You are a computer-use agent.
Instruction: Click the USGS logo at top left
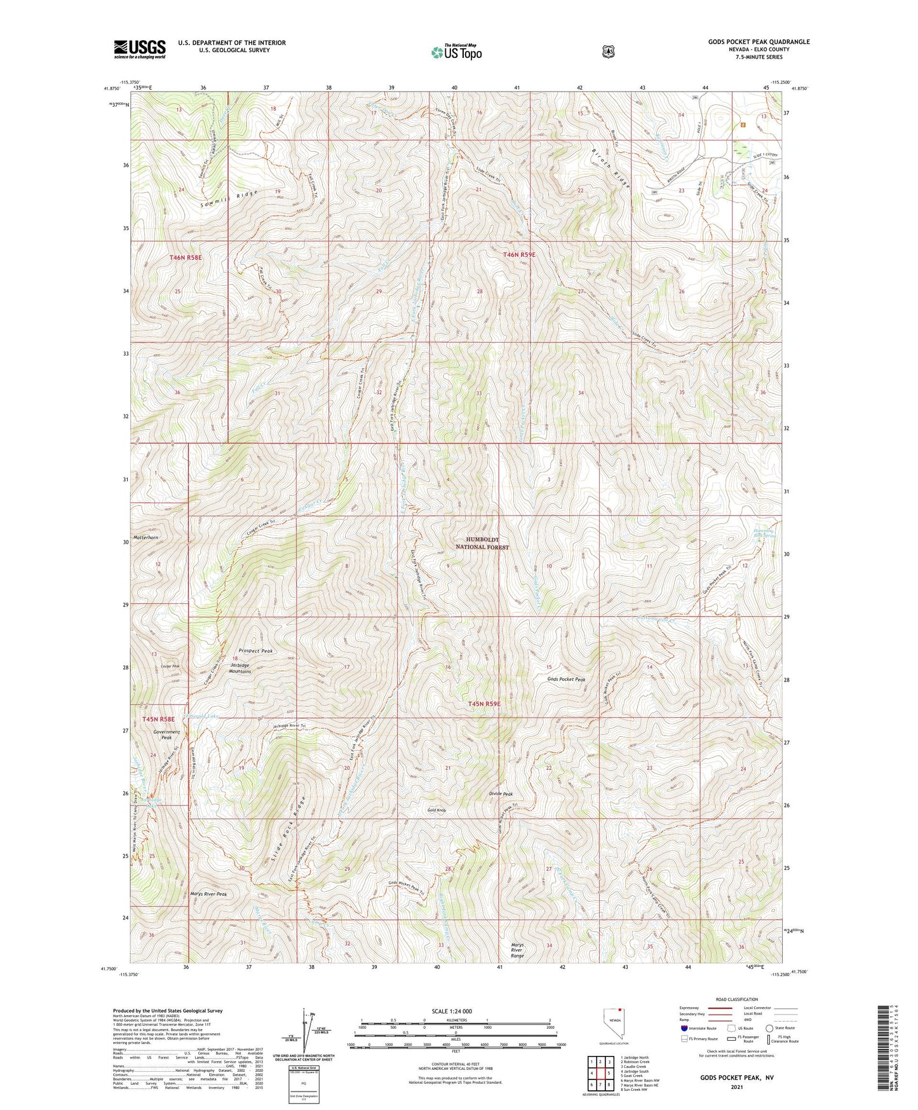click(140, 49)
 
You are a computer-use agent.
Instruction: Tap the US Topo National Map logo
click(456, 52)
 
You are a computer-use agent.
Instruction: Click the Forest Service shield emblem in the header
click(609, 51)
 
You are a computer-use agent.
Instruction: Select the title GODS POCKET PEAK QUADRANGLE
click(759, 42)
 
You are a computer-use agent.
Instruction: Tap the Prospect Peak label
click(256, 651)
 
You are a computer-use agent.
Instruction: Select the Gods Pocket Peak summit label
click(566, 679)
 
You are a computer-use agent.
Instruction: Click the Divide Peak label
click(501, 794)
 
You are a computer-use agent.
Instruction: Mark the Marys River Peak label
click(208, 894)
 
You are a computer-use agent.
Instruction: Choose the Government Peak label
click(166, 734)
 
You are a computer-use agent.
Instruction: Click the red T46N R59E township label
click(520, 254)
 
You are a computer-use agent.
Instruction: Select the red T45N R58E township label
click(159, 719)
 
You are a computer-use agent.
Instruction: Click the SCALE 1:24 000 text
click(451, 1011)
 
